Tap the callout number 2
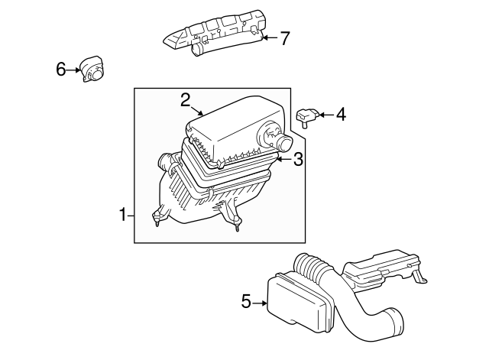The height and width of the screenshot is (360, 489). click(185, 99)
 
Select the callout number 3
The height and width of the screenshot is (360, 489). click(299, 159)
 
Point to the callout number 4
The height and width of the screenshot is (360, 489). click(340, 115)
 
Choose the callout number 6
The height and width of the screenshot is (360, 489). click(61, 70)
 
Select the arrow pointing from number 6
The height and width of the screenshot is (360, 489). click(75, 70)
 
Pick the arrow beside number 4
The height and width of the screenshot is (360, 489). click(324, 115)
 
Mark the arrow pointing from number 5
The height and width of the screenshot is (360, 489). click(261, 303)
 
